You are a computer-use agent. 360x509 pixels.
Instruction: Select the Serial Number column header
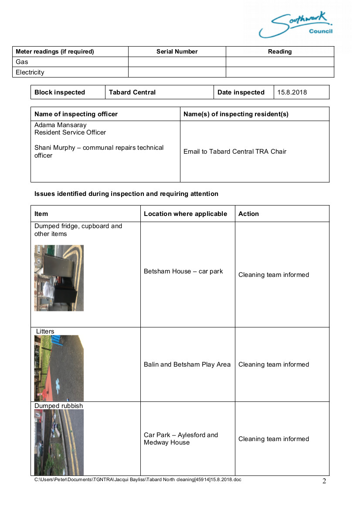pos(177,51)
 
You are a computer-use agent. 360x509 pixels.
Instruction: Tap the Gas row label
pos(22,62)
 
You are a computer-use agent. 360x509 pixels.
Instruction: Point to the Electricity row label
pos(30,72)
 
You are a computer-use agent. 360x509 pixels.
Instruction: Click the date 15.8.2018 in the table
pos(292,92)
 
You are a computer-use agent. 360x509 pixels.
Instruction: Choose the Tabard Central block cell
pos(132,92)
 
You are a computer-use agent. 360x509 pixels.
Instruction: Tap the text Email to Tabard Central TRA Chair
pos(235,152)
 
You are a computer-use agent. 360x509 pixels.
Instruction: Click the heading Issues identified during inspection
pos(126,194)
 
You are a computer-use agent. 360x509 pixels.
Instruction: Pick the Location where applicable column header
pos(185,214)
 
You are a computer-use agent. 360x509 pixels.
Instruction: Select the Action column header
pos(248,214)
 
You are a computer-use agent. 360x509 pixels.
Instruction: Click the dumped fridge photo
pos(59,278)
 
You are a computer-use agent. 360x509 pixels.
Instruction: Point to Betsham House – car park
pos(183,271)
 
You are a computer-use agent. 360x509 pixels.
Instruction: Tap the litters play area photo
pos(59,368)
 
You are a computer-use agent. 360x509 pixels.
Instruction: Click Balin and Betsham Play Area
pos(187,364)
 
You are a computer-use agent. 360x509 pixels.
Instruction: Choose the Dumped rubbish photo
pos(59,442)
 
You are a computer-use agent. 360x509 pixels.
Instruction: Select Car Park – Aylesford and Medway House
pos(180,438)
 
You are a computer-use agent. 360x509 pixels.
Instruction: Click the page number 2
pos(324,481)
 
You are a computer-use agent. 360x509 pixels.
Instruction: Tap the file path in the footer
pos(138,479)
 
